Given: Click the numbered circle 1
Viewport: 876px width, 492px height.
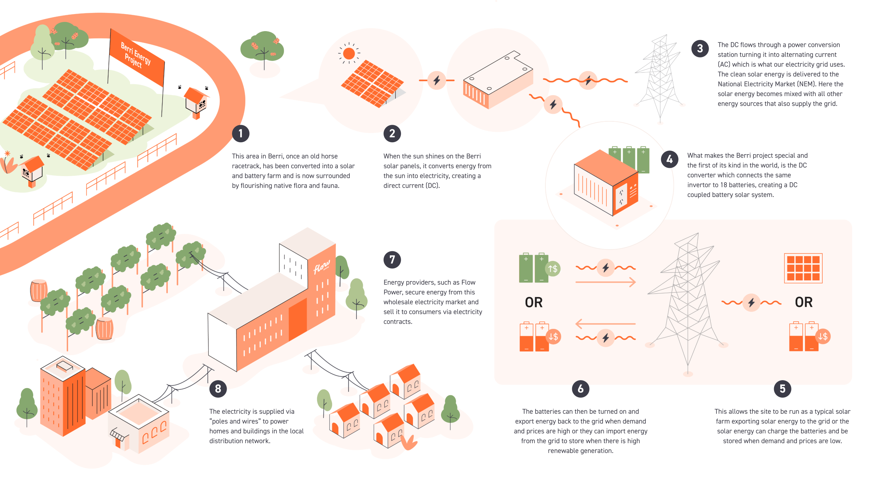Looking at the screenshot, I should point(241,133).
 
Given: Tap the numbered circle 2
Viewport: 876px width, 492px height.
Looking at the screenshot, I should point(392,133).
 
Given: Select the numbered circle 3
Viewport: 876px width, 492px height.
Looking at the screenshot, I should point(700,49).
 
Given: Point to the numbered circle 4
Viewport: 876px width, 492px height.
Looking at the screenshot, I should point(670,159).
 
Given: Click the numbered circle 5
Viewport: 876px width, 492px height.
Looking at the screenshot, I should point(782,389).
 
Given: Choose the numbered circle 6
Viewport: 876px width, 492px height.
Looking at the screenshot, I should point(580,389).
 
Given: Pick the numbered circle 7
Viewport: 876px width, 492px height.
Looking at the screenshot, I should point(392,260).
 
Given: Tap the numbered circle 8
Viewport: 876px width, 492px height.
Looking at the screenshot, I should point(218,389).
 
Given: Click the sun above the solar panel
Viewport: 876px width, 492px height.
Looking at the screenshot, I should point(349,53).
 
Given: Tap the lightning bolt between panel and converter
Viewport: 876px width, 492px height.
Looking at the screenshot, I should point(437,81).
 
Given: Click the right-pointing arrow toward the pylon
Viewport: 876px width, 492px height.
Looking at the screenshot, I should point(605,282).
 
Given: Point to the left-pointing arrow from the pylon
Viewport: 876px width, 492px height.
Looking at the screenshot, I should point(605,323).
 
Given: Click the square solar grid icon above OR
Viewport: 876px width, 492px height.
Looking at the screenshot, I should point(803,268).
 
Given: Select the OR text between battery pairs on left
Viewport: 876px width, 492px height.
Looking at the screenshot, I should point(533,302).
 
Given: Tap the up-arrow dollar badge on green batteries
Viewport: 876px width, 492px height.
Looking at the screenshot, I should point(553,269).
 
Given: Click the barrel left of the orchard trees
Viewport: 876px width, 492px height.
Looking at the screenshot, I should point(39,290).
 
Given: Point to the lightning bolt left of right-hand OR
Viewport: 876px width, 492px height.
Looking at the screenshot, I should point(751,303).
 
